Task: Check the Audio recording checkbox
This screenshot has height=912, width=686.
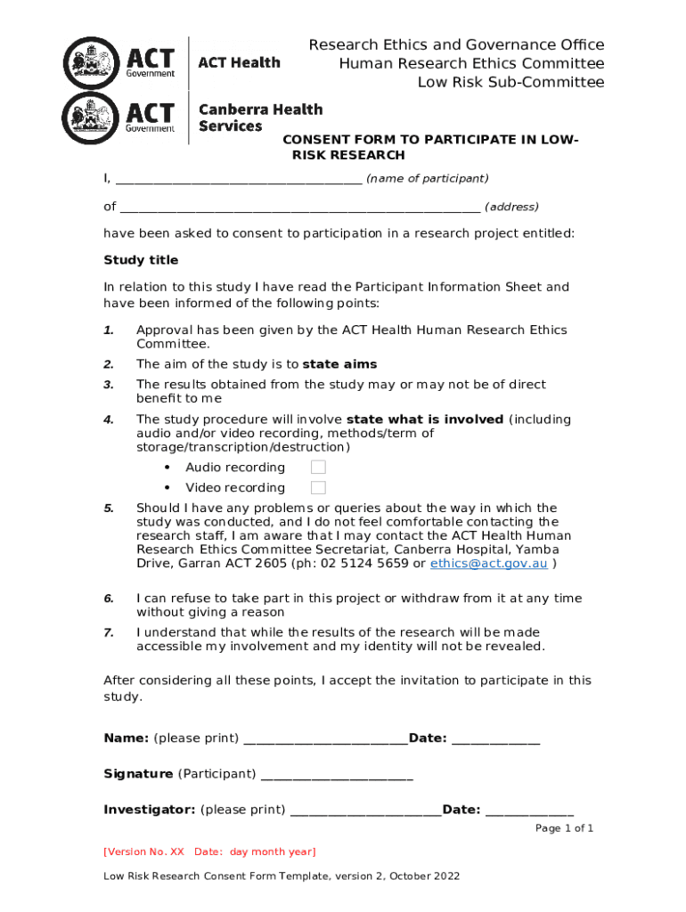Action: [318, 468]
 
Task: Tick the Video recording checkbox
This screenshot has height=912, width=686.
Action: [318, 487]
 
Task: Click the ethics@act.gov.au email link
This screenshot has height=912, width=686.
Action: [488, 564]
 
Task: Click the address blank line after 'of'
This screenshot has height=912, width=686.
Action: [299, 208]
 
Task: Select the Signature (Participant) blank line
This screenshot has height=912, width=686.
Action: [337, 774]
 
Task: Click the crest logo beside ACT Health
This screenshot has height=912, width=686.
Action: [91, 63]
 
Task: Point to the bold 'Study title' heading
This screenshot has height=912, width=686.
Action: [141, 260]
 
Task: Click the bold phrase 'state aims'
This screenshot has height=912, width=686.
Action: [339, 364]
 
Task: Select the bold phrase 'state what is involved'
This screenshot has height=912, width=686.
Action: [425, 419]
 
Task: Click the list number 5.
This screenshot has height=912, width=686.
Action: [109, 509]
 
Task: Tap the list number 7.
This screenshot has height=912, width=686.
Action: [109, 632]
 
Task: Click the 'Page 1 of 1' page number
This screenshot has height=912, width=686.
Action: [564, 828]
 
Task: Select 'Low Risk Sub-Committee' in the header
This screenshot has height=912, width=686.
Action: [511, 83]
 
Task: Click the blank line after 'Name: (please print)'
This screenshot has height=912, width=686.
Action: [325, 738]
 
